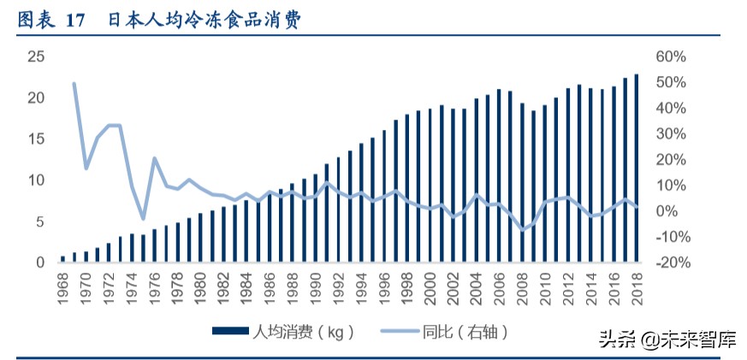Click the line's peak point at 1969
[74, 84]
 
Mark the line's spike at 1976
[154, 158]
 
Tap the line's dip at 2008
[522, 230]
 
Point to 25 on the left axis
[36, 56]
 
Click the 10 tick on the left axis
[36, 180]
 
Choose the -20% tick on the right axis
[670, 263]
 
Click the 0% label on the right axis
[667, 211]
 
